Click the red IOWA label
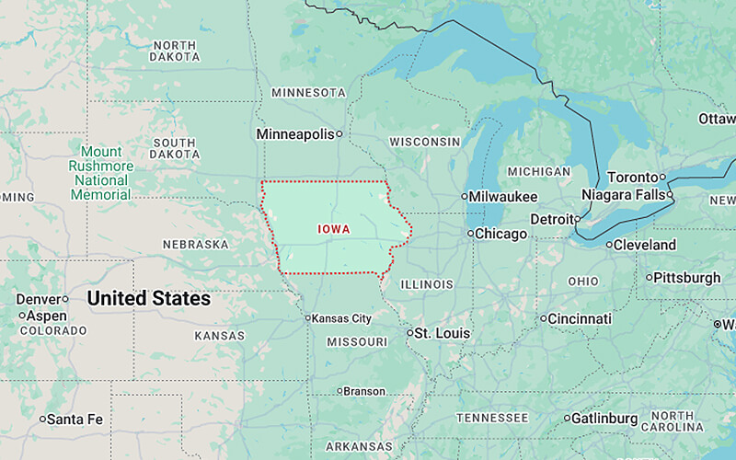point(333,229)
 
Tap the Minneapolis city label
point(294,134)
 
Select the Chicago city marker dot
point(470,234)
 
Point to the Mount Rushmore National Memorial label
point(101,173)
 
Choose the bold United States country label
point(148,299)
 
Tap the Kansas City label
point(341,318)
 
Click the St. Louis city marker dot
point(410,333)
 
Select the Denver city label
point(38,299)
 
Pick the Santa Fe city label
point(75,420)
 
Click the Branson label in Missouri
point(364,391)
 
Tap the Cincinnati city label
point(580,319)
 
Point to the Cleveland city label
point(645,246)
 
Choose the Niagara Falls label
point(624,195)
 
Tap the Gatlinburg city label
point(604,419)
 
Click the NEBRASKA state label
point(195,245)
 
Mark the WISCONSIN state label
point(424,142)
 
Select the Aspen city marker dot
point(22,316)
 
